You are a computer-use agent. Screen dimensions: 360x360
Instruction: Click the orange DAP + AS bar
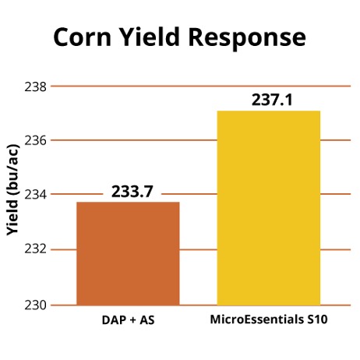128,253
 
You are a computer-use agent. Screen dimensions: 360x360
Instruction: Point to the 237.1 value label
269,100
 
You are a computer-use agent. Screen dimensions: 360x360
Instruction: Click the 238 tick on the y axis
38,86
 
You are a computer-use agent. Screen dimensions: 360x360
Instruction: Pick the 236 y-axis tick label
38,140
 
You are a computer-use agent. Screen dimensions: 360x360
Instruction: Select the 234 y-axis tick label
38,195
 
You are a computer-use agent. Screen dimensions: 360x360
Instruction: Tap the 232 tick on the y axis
38,249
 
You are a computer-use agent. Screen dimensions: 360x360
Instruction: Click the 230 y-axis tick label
38,304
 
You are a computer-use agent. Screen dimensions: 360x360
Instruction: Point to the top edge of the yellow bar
269,111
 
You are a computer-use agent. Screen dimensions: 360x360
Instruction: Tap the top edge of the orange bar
128,203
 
